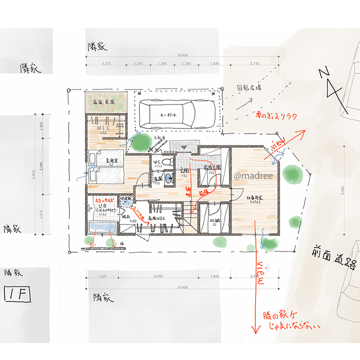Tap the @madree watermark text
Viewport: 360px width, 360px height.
[253, 176]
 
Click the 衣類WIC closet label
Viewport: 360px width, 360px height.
[155, 218]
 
